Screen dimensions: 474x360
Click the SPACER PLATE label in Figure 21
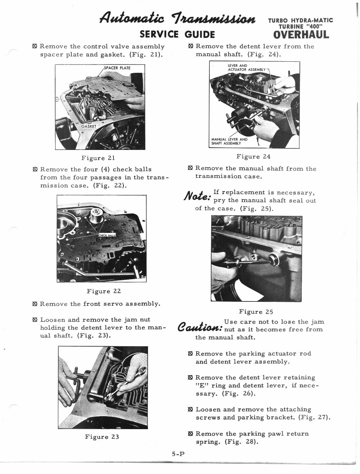(x=117, y=68)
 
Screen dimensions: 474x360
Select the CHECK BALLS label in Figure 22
(x=107, y=235)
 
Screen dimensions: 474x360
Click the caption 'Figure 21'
(x=98, y=158)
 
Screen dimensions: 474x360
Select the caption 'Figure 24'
(x=253, y=156)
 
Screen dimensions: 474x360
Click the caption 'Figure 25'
(x=256, y=311)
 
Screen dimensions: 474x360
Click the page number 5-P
(x=178, y=454)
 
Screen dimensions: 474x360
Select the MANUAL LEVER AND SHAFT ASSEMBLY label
(x=229, y=141)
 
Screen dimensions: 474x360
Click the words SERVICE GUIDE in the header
(x=176, y=35)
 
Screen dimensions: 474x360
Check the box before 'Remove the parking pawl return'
(x=191, y=434)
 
